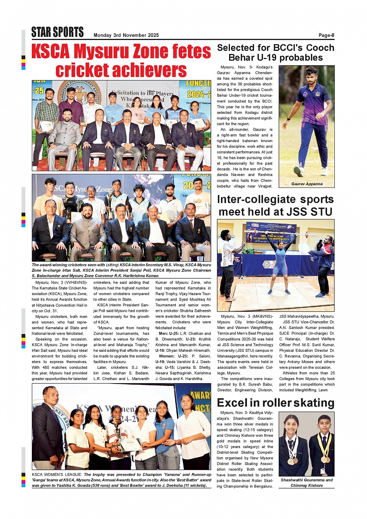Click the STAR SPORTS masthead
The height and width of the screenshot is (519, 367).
coord(57,32)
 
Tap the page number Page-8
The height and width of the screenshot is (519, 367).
coord(326,35)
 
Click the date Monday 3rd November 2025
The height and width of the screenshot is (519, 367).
coord(126,35)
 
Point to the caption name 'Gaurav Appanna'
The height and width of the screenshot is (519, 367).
coord(307,184)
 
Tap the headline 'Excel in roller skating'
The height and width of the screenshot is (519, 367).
coord(275,403)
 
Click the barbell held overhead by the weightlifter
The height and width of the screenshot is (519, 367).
coord(275,233)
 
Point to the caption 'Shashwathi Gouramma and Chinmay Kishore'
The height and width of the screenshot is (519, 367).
coord(306,483)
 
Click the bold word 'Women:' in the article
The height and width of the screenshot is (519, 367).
coord(167,356)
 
